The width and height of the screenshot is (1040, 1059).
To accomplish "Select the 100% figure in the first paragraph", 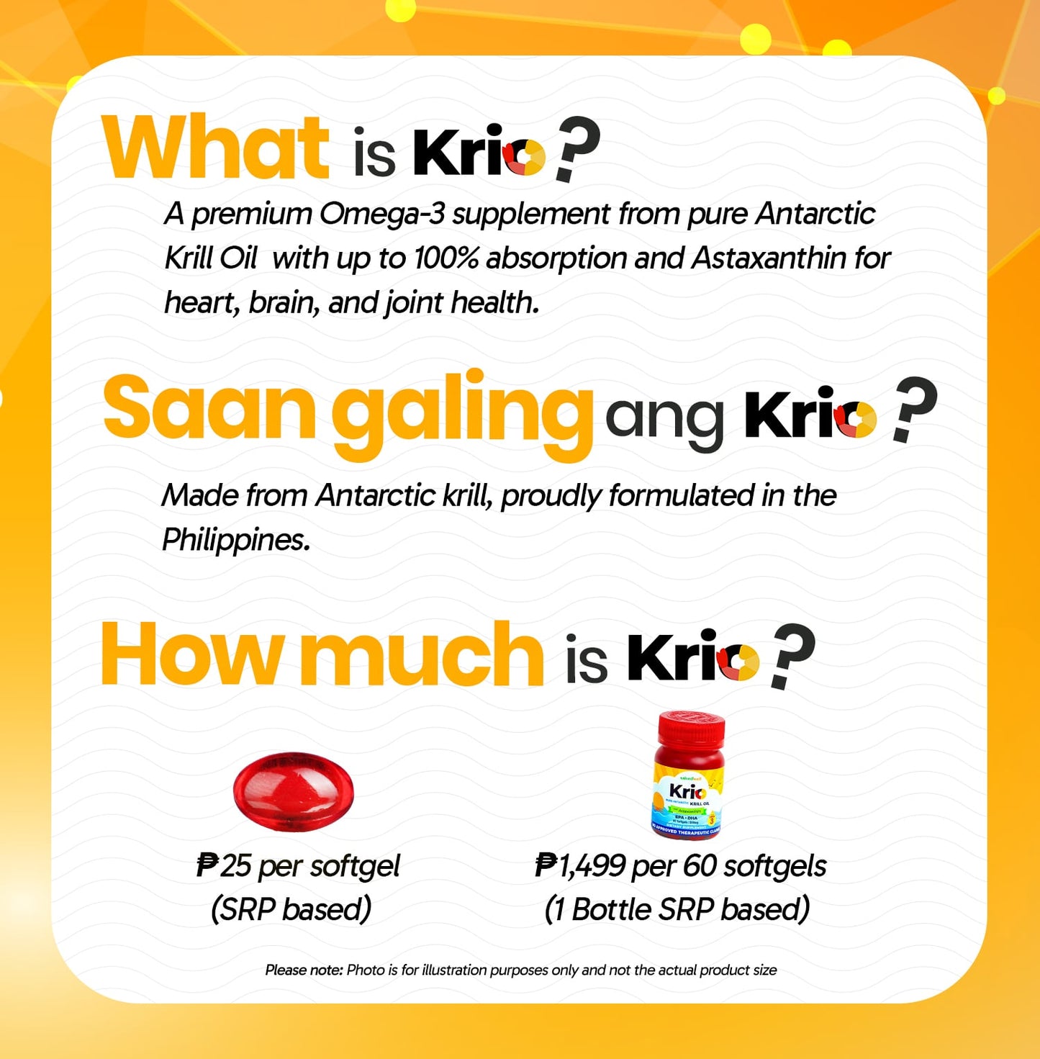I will click(446, 258).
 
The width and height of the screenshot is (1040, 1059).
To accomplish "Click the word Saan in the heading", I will click(209, 408).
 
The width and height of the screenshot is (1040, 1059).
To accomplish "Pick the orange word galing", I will click(461, 412).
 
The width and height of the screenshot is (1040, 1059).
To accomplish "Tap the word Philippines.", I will click(235, 540).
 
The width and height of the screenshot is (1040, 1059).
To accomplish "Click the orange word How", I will click(191, 656).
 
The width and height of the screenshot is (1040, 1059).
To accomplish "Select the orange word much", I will click(421, 656).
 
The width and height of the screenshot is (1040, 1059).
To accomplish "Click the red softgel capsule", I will click(294, 792).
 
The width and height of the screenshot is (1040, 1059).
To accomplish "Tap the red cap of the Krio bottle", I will click(691, 729).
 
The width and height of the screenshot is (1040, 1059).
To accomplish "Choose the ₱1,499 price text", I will click(580, 866).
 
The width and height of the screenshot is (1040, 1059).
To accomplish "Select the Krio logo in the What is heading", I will click(479, 153).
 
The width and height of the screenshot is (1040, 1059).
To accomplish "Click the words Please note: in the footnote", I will click(304, 970).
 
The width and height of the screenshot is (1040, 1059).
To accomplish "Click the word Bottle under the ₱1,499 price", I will click(611, 909).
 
